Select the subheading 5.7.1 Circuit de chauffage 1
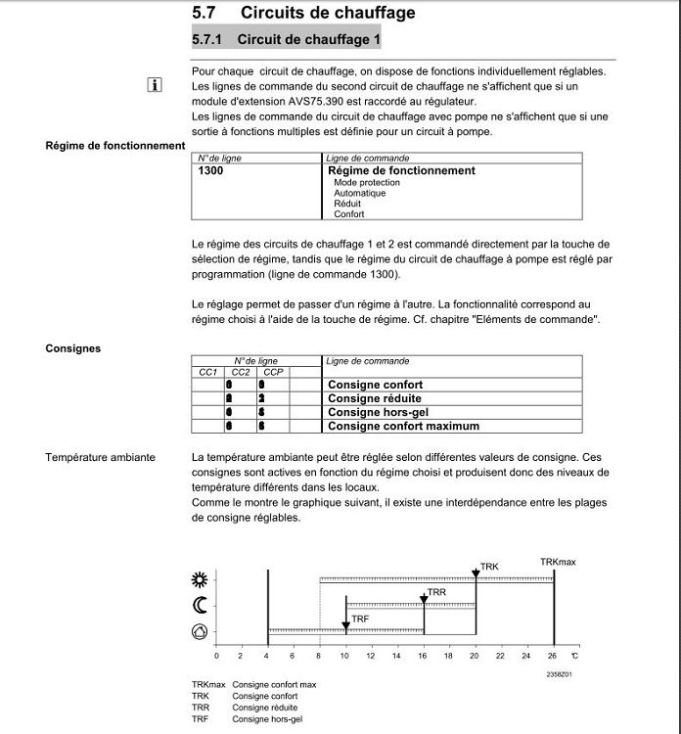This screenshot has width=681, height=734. tap(287, 40)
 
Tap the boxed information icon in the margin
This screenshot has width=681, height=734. tap(154, 85)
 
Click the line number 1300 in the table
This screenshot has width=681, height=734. tap(210, 170)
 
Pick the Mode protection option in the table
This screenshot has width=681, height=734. tap(366, 182)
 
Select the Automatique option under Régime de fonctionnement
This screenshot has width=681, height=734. tap(359, 193)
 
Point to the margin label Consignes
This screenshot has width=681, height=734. tap(72, 348)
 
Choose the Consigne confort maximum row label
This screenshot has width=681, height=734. tap(403, 426)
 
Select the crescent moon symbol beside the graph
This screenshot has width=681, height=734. tap(200, 606)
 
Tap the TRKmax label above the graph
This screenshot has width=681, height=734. tap(558, 562)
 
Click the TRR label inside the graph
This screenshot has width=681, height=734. tap(436, 593)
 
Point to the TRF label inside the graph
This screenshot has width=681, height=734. tap(360, 619)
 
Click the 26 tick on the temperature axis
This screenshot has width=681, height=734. tap(553, 656)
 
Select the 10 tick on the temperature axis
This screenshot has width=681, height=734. tap(344, 656)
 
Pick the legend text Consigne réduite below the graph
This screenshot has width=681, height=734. tap(264, 707)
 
